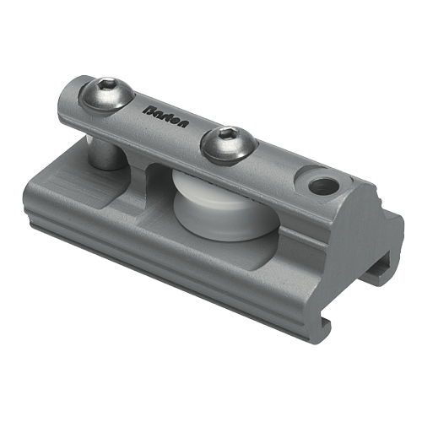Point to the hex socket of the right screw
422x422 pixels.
coord(226,139)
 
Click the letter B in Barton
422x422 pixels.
coord(149,109)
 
